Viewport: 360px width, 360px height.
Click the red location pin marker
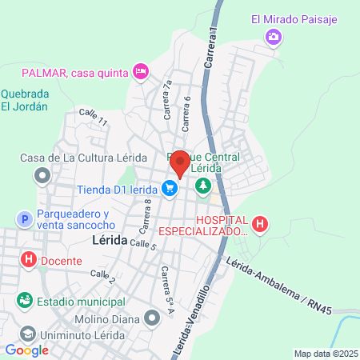coord(180,162)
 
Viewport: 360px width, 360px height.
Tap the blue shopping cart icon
coord(170,189)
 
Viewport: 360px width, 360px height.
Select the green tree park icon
coord(203,186)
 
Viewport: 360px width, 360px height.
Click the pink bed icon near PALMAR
coord(141,72)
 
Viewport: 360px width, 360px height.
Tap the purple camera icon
coord(274,36)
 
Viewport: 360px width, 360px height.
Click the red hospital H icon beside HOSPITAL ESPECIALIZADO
coord(260,224)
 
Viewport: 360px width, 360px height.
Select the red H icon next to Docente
coord(29,260)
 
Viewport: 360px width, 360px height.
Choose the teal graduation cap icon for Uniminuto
coord(26,334)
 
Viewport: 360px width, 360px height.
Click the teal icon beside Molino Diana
coord(152,319)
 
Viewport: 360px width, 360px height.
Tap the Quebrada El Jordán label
coord(24,99)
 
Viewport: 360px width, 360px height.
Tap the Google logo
coord(27,350)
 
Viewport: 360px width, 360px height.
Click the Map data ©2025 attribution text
coord(326,354)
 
